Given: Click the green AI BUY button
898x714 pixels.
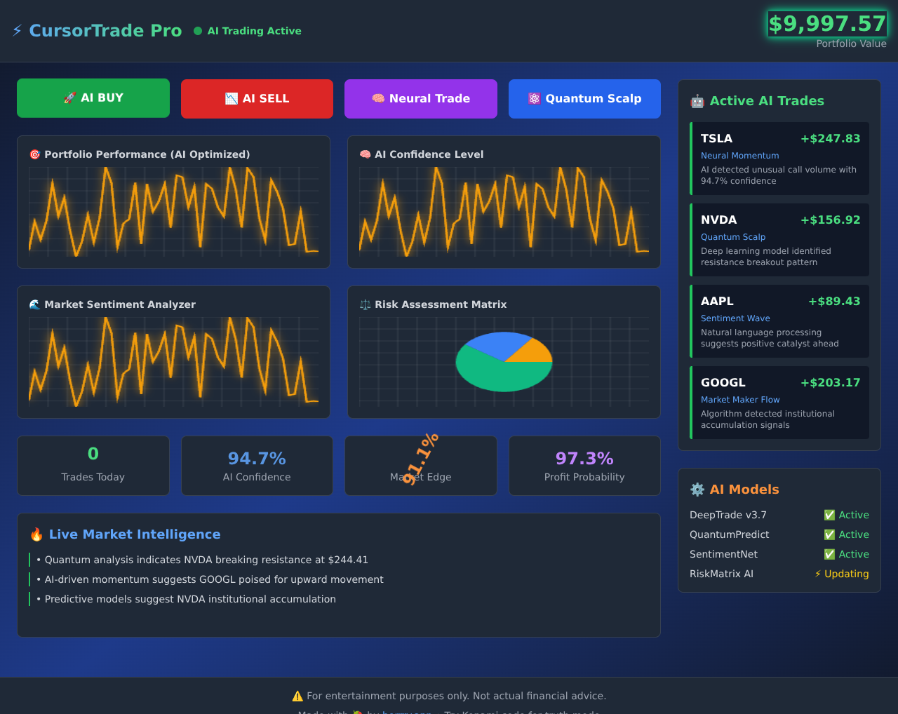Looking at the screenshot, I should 93,98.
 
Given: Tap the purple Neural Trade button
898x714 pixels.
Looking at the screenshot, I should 421,99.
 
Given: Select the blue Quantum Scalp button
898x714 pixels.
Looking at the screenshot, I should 584,99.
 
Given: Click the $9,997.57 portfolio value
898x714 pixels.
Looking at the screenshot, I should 827,24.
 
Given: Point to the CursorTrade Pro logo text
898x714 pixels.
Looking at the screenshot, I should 105,31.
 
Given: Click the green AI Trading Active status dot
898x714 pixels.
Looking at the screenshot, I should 198,31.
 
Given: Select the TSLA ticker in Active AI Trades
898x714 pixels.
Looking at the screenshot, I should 716,139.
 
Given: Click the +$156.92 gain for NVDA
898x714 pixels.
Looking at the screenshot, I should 830,220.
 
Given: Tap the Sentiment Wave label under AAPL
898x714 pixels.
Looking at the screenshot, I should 735,318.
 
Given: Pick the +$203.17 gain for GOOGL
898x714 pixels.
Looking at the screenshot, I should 830,383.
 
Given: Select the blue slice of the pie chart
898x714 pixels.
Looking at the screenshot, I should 495,344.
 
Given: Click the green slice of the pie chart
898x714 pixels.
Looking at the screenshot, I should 498,375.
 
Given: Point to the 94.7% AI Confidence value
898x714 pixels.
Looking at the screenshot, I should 257,459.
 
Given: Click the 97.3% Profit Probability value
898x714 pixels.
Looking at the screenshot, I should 584,459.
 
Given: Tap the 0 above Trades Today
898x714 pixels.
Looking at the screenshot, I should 93,454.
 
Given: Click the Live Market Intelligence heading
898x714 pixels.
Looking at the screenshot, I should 135,534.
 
